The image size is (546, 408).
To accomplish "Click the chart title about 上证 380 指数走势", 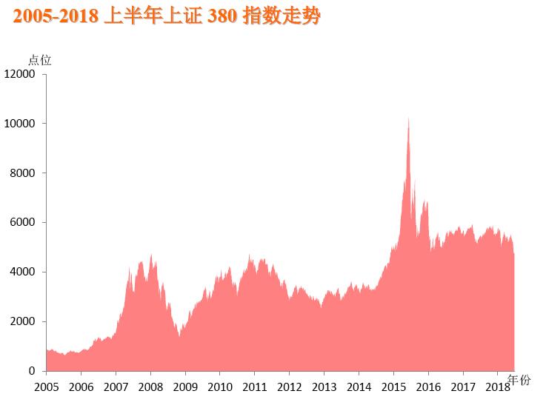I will click(x=167, y=16).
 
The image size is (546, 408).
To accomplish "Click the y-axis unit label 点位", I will click(x=39, y=60).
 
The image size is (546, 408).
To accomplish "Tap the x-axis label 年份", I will click(x=519, y=381).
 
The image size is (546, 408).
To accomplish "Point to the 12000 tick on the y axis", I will click(x=20, y=74).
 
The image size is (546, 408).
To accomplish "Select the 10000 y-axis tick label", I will click(x=20, y=124).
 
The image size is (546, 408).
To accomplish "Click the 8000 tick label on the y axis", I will click(x=23, y=173).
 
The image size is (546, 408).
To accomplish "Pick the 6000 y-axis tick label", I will click(x=23, y=223).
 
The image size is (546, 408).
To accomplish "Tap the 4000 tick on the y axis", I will click(x=23, y=272).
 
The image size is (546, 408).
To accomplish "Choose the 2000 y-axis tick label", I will click(x=23, y=322).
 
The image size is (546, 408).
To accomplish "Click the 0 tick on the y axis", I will click(x=33, y=371).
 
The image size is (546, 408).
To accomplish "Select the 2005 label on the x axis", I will click(x=46, y=387).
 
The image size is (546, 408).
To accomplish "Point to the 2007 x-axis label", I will click(x=116, y=387).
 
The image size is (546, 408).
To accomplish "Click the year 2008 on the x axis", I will click(x=150, y=387).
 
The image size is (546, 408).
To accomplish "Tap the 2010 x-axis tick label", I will click(x=220, y=387).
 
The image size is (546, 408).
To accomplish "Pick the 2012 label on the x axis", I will click(x=290, y=387).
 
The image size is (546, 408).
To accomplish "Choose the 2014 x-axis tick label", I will click(x=359, y=387).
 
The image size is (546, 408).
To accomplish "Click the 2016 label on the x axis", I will click(x=428, y=387).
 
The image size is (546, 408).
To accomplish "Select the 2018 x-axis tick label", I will click(x=497, y=387).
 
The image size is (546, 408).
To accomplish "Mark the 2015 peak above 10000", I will click(x=408, y=119).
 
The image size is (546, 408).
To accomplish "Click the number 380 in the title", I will click(x=222, y=16).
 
